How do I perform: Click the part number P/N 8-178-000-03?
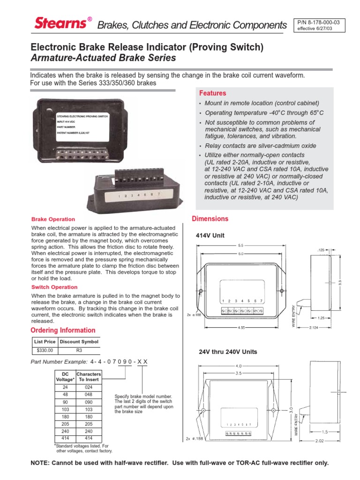click(319, 22)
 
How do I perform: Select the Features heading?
click(212, 93)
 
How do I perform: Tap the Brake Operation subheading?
click(53, 219)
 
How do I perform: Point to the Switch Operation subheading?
click(54, 287)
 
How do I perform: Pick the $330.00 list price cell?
click(45, 350)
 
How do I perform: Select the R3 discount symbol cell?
click(79, 350)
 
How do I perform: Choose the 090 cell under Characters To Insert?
click(89, 402)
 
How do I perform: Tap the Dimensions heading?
click(210, 219)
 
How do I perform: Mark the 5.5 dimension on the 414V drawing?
click(241, 245)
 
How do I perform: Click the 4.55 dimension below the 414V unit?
click(241, 327)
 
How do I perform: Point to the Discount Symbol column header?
click(79, 342)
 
